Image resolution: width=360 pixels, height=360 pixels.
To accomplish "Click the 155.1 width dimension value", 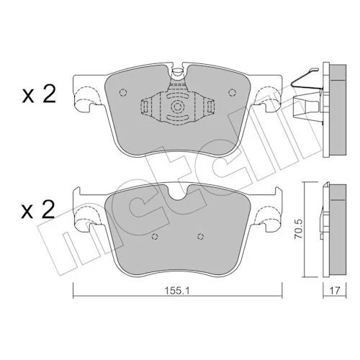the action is [177, 291].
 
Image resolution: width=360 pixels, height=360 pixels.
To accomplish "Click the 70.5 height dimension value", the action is [299, 229].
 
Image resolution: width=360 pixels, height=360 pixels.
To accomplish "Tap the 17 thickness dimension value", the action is [335, 291].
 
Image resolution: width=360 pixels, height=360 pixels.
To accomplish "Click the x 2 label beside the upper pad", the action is [39, 94].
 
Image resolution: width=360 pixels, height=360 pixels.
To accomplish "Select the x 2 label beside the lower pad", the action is [37, 210].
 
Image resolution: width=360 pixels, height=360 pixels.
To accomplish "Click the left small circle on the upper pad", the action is [122, 92].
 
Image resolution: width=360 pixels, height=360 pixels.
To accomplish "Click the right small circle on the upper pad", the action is [232, 92].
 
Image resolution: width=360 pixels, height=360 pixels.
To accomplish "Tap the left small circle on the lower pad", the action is [155, 237].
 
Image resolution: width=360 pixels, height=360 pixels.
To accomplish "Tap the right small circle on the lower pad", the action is [200, 237].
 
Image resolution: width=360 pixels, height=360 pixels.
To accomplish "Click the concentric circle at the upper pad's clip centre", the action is [177, 107].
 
